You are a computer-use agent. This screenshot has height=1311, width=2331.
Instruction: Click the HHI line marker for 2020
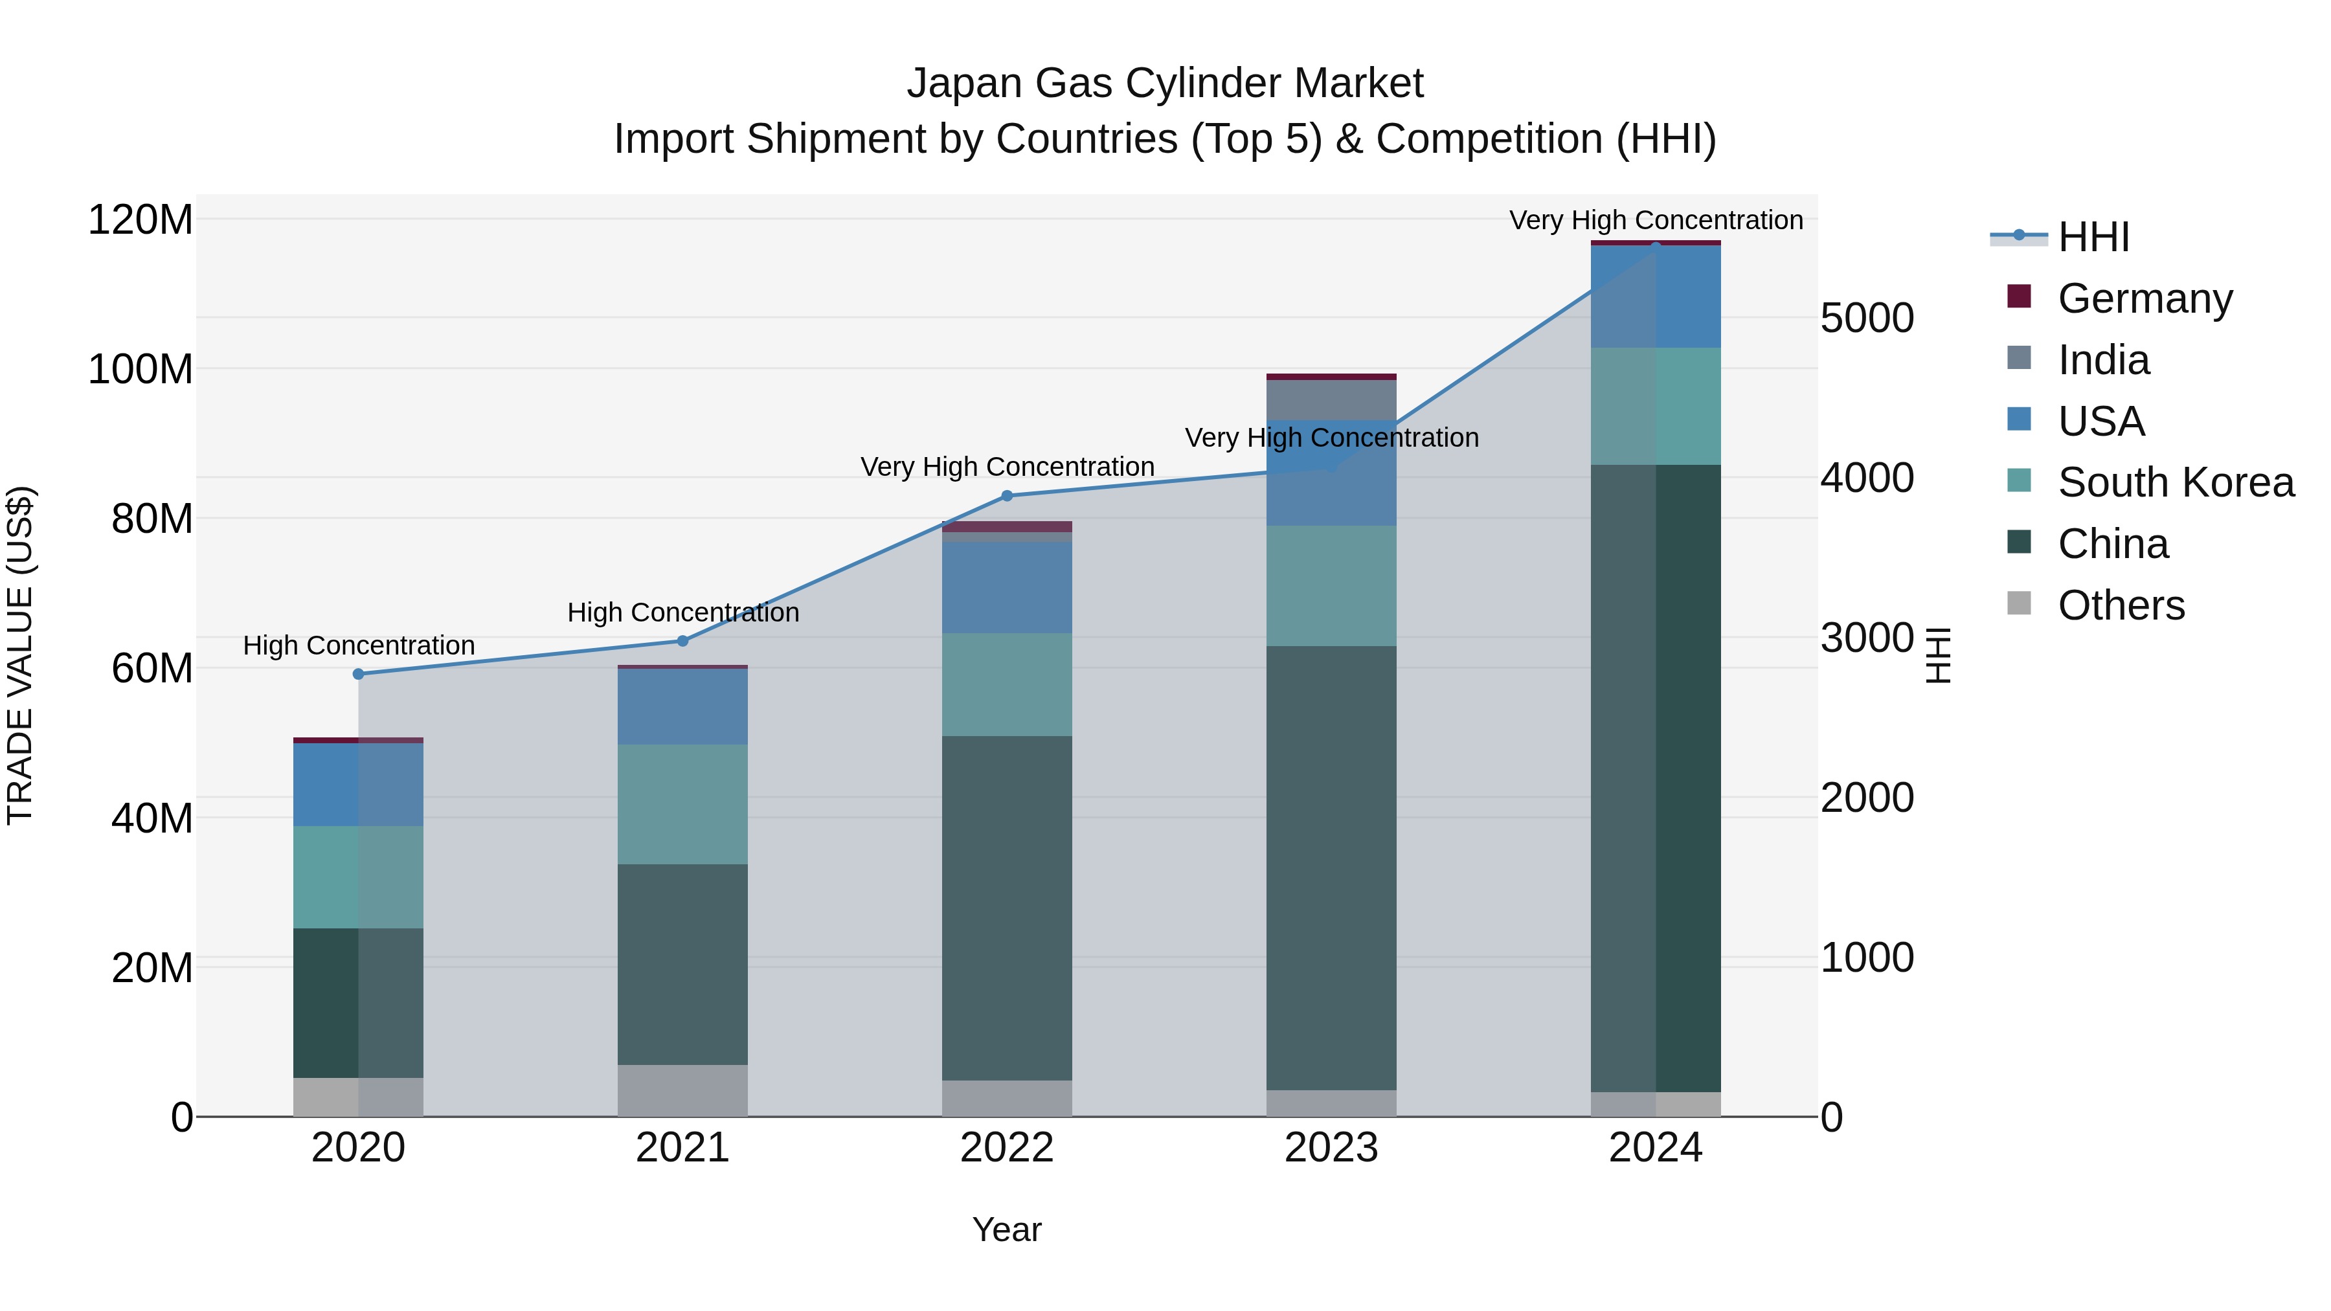click(358, 674)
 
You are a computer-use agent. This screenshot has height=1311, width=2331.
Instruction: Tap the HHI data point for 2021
click(683, 640)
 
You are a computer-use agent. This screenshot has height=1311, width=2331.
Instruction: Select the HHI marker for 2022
click(1007, 496)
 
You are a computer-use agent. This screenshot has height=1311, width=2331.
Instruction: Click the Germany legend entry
click(2145, 298)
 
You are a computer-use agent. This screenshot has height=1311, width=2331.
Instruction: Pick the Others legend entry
click(2121, 605)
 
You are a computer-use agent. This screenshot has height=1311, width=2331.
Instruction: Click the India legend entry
click(2103, 360)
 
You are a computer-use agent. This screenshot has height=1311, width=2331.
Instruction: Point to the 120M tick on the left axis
click(141, 220)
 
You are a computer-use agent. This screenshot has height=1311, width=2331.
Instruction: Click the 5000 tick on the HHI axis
click(1867, 319)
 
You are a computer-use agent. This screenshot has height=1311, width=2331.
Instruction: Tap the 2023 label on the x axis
click(1331, 1148)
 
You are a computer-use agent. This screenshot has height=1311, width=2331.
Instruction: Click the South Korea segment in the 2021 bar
click(683, 803)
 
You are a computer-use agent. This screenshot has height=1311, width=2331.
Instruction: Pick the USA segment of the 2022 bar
click(1007, 587)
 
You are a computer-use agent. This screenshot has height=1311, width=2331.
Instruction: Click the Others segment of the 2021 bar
click(683, 1090)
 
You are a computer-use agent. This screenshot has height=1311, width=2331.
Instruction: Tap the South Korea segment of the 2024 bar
click(1656, 406)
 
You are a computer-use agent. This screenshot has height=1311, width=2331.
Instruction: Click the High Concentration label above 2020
click(358, 646)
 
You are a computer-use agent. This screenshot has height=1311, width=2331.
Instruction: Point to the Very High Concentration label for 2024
click(1656, 221)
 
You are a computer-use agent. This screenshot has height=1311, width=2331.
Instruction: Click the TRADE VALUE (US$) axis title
click(20, 655)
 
